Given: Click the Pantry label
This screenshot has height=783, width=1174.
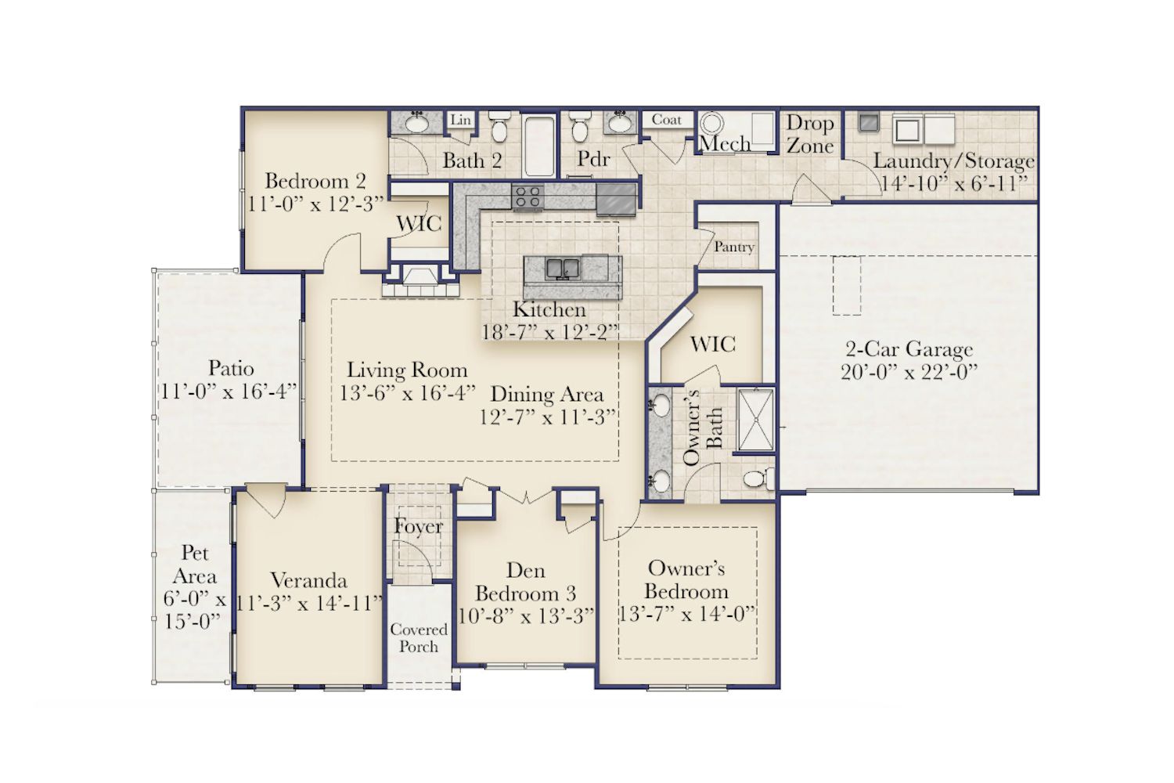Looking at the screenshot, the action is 734,247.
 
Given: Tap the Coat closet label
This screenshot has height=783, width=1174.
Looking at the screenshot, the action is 666,120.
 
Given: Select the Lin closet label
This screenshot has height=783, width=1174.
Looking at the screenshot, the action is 461,120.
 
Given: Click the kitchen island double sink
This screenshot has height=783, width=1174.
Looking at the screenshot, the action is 563,269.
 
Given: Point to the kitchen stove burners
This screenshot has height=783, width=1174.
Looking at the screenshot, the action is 528,197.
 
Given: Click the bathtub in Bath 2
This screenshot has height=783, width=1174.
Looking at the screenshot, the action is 539,146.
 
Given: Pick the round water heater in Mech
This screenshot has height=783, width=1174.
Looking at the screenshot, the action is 712,124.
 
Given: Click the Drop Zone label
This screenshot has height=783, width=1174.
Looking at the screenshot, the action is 810,134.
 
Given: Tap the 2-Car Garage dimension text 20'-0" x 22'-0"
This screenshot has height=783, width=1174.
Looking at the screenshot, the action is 909,373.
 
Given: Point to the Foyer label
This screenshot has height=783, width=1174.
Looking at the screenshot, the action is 418,526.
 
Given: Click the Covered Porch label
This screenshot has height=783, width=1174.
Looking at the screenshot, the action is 419,637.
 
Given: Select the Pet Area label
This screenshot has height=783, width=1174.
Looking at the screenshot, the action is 194,565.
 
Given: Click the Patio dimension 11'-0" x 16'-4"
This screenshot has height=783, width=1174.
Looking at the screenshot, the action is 229,391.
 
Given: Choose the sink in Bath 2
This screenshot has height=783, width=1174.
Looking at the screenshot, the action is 417,123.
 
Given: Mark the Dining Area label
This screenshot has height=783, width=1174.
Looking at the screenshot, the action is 546,394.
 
